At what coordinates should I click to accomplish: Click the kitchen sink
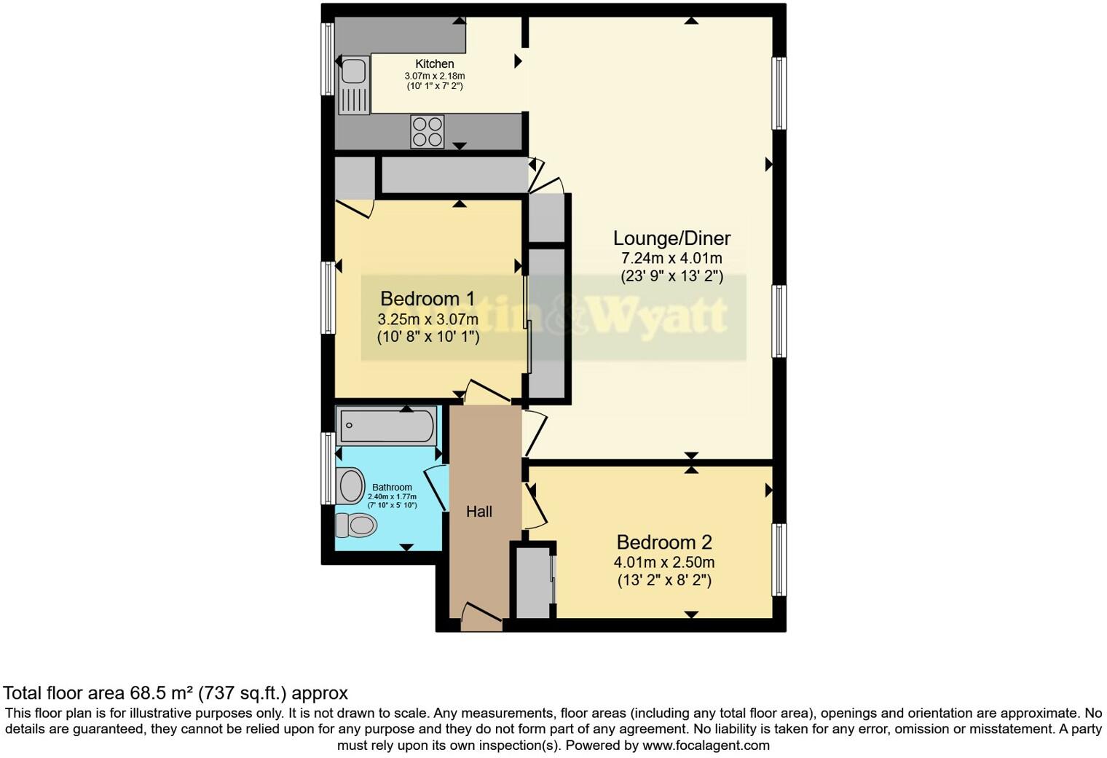pos(354,71)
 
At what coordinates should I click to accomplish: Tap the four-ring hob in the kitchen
pos(428,132)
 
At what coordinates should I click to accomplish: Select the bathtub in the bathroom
pos(386,426)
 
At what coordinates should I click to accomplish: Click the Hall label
pos(479,512)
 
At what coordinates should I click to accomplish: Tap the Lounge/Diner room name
pos(671,238)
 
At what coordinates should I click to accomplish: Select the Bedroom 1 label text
pos(428,299)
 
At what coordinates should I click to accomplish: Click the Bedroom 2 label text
pos(663,542)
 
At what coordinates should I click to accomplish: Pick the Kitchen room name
pos(435,64)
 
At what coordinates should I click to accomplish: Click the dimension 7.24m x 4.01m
pos(671,259)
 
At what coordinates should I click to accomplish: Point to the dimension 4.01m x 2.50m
pos(663,563)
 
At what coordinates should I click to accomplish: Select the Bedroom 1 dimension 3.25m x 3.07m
pos(428,319)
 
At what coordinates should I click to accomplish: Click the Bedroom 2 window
pos(779,559)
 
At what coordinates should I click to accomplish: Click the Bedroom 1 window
pos(328,297)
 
